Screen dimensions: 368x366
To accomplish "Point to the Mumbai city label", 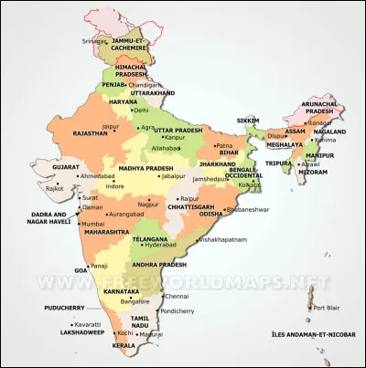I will coord(92,223).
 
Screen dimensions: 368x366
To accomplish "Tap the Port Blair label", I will coord(327,308).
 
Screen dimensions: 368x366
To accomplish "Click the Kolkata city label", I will coord(250,184).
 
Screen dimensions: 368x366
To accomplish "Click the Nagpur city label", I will coord(137,205).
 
